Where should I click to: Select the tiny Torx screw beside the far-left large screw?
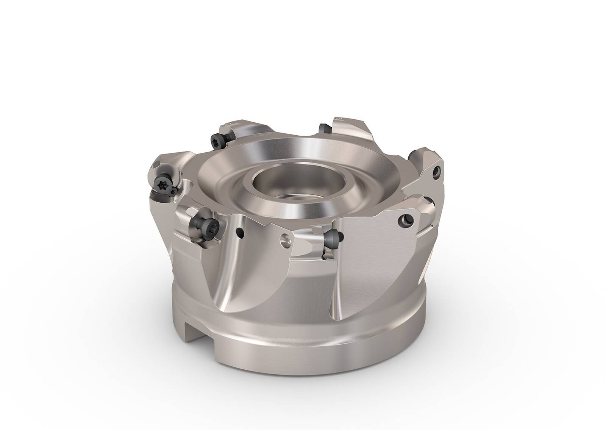tap(173, 193)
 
